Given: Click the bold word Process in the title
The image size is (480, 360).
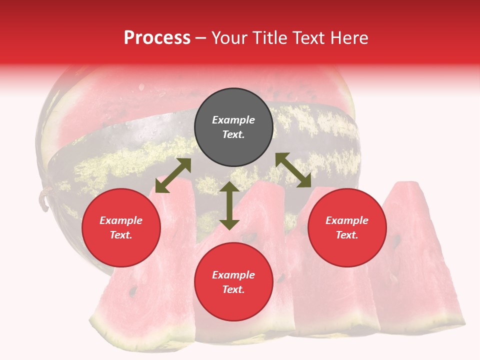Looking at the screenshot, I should pos(157,38).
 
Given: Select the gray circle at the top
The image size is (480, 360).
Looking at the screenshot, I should pos(233,127).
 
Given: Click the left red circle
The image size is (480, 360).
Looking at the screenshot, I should pos(121,227).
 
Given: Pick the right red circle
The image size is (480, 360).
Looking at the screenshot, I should pos(347,227).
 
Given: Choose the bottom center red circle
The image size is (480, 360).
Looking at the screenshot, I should pos(233,282).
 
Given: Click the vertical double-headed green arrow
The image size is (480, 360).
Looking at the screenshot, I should pos(229,205).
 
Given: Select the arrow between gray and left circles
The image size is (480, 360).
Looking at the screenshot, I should pos(173,175).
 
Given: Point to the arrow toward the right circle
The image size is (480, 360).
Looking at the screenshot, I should pos(293,170).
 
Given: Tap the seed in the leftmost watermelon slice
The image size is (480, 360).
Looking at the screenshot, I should pos(133,289).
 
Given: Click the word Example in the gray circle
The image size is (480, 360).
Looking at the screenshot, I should pos(233,120).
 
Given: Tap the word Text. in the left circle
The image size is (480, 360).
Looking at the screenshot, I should pos(121,235).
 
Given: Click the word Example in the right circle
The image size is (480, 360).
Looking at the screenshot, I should pos(347,220).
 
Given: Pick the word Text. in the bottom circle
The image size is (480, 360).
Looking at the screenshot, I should pos(233,289).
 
